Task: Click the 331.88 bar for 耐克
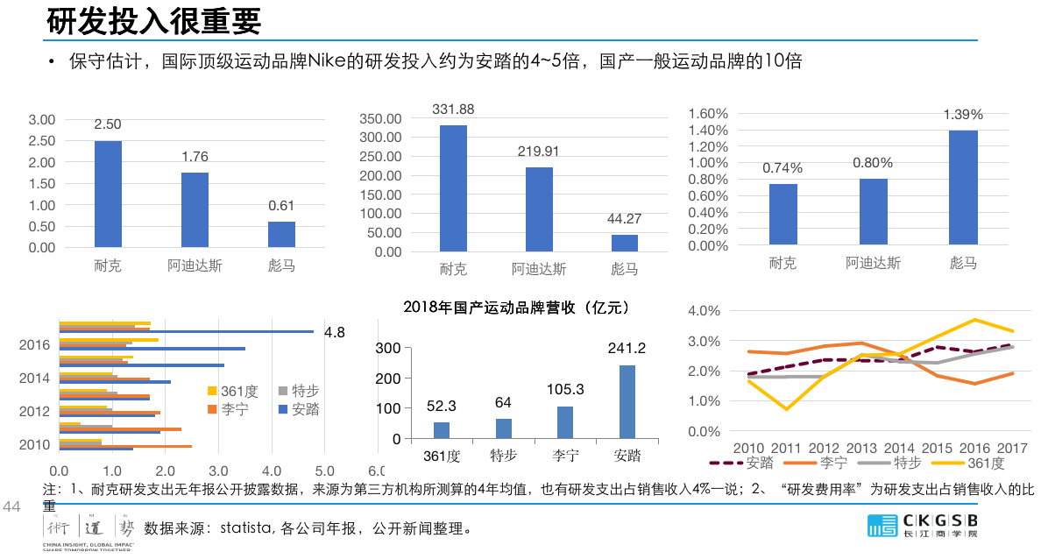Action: pyautogui.click(x=453, y=188)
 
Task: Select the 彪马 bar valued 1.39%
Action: pyautogui.click(x=963, y=188)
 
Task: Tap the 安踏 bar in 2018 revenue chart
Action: pyautogui.click(x=627, y=402)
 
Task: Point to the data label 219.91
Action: pyautogui.click(x=539, y=152)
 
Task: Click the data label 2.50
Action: pyautogui.click(x=108, y=124)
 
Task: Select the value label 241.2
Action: pyautogui.click(x=627, y=349)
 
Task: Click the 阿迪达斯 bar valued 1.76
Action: pyautogui.click(x=195, y=209)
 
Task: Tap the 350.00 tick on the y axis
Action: pyautogui.click(x=381, y=119)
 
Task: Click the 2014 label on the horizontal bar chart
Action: pyautogui.click(x=34, y=379)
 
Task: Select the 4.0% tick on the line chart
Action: pyautogui.click(x=705, y=311)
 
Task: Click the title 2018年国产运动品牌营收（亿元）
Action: pyautogui.click(x=516, y=308)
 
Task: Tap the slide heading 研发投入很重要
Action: pyautogui.click(x=153, y=20)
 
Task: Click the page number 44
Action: pyautogui.click(x=12, y=507)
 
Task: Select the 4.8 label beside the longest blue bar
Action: pyautogui.click(x=335, y=333)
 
